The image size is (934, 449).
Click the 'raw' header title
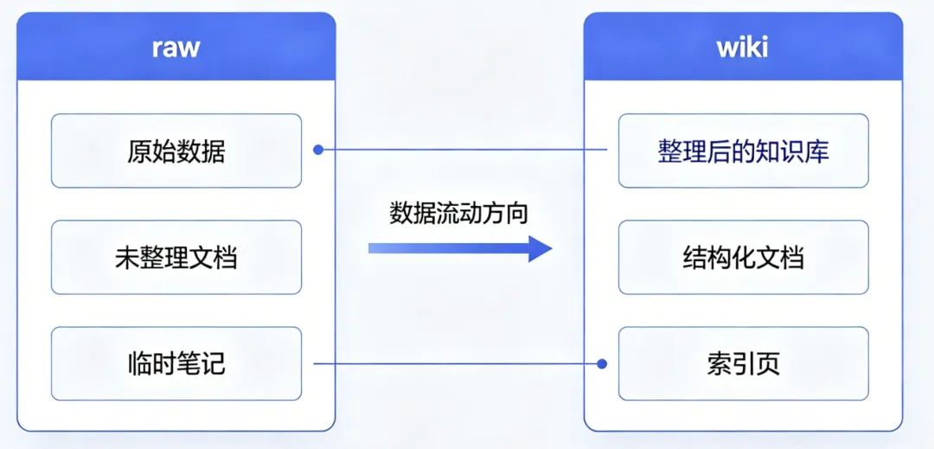(176, 48)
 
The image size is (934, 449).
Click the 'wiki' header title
(742, 48)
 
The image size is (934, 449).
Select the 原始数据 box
(176, 151)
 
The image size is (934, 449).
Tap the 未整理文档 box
(176, 258)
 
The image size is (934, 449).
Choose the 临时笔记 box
(176, 364)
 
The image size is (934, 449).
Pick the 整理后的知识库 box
(744, 151)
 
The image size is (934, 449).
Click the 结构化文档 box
(744, 258)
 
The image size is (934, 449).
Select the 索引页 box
(744, 364)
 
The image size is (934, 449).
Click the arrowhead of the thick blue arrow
(541, 248)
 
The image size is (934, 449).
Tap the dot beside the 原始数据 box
(318, 150)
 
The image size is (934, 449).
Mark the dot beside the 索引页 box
(602, 363)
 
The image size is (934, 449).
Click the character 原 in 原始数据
(138, 152)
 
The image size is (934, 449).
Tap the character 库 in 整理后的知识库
(816, 152)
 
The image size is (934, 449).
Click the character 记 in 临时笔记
(214, 364)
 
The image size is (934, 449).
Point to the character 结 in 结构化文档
(694, 259)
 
